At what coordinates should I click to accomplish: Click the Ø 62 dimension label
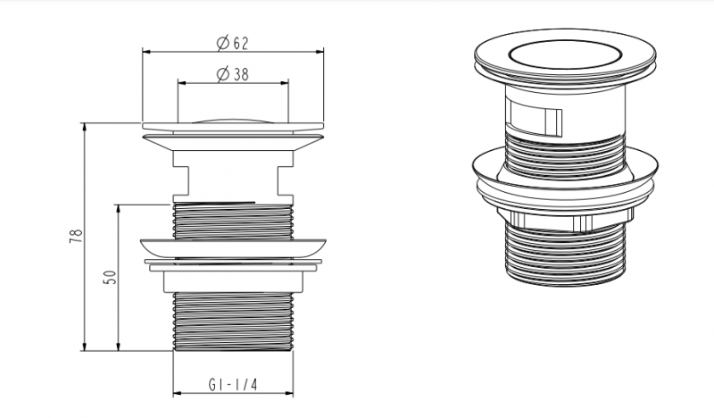[233, 43]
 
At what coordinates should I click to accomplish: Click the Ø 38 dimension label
[233, 74]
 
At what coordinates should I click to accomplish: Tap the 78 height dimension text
[76, 235]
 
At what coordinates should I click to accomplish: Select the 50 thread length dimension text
[111, 277]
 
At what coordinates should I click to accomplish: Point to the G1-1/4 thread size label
[233, 385]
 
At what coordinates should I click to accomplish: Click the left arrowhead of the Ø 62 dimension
[147, 52]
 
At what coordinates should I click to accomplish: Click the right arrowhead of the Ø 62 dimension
[319, 52]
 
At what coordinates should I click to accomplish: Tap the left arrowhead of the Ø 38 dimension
[183, 83]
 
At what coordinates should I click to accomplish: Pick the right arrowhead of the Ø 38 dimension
[284, 83]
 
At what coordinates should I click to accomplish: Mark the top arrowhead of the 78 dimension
[84, 128]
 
